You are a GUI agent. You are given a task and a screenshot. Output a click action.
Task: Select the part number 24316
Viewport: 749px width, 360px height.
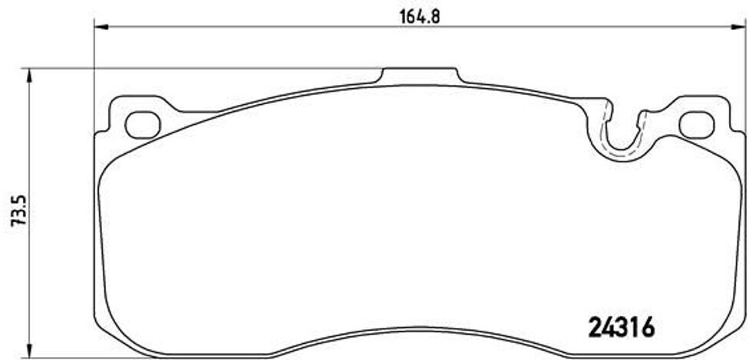pos(621,327)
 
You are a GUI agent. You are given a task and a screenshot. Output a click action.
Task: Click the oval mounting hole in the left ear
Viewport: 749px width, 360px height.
pos(141,124)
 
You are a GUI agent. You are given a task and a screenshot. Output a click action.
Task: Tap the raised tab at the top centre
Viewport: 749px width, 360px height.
pos(420,75)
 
